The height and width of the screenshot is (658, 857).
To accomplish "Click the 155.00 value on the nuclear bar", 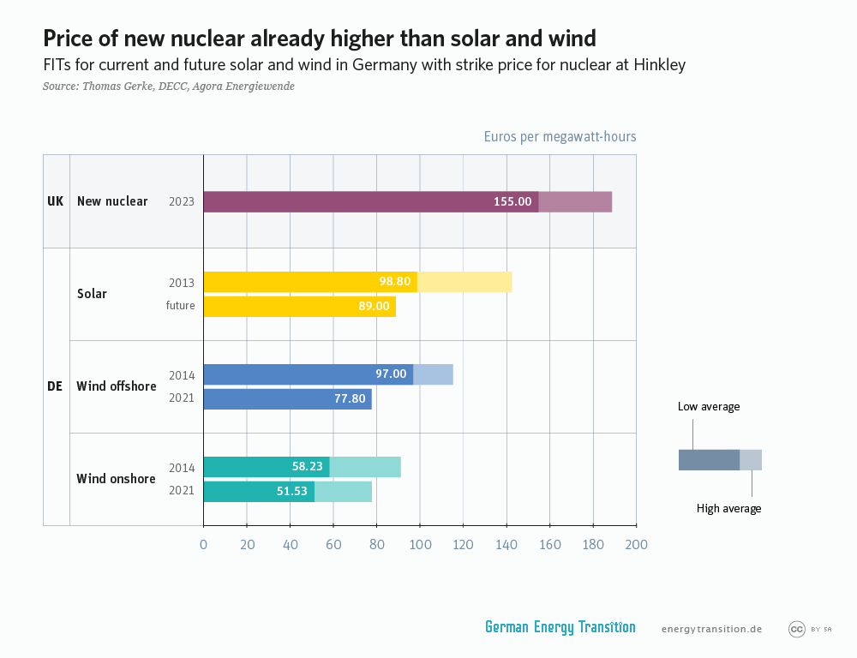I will tap(512, 201).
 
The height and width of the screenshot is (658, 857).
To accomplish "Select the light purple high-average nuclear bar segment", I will tap(575, 201).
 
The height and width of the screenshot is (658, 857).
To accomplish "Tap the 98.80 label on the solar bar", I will tap(397, 281).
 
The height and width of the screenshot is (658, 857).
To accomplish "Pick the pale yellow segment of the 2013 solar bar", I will tap(464, 281).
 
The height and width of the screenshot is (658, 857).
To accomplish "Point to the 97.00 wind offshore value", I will tap(391, 374).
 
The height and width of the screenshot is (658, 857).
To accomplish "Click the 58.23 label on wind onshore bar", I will tap(307, 467).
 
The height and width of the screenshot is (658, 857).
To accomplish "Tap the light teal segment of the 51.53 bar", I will tap(343, 491).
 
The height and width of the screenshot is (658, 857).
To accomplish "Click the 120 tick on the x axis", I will tap(464, 545).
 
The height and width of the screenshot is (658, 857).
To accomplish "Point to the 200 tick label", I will tap(636, 545).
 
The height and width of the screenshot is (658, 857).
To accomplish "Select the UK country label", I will tap(56, 201).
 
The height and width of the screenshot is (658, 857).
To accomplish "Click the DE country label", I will tap(55, 386).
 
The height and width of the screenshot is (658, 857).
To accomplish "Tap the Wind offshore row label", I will tap(117, 386).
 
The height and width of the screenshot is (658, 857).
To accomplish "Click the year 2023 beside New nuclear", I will tap(182, 202).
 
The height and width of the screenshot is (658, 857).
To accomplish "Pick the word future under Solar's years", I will tap(180, 306).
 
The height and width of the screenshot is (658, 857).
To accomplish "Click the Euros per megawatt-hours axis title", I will tap(560, 136).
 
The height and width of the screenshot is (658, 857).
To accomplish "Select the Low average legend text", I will tap(708, 407).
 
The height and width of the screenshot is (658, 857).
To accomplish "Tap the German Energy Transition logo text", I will tap(560, 627).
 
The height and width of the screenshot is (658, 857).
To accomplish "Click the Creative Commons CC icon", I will tap(796, 629).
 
